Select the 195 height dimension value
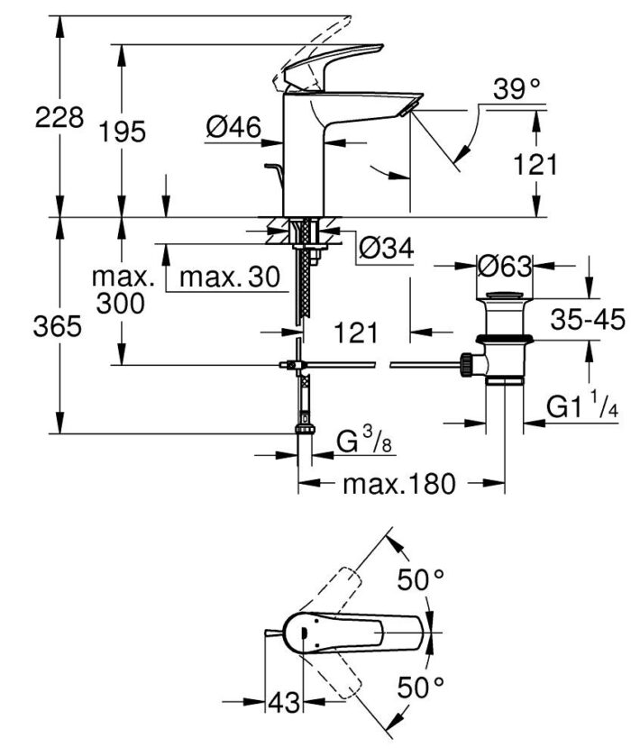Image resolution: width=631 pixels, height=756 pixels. coord(123,132)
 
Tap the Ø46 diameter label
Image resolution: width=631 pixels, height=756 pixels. coord(233,129)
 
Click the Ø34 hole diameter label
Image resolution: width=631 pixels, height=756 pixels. coord(386,249)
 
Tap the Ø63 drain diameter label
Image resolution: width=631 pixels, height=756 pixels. coord(505,266)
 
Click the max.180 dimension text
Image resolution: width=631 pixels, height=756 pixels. coord(397,484)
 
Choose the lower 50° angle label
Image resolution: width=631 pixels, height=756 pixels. coord(422,688)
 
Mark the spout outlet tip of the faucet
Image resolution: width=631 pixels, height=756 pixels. coord(408,109)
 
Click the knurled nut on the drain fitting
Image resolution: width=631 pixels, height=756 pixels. coord(468,364)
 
